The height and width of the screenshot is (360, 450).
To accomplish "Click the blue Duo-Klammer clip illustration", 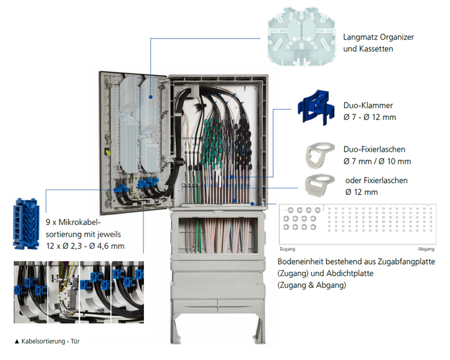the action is point(316,108).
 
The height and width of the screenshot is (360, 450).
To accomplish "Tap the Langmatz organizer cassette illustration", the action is point(301,37).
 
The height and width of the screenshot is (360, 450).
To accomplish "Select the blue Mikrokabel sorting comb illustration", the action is point(26,223).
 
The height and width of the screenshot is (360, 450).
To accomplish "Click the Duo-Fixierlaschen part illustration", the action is point(320,155).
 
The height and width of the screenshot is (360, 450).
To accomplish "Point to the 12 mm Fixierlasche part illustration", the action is point(320,185).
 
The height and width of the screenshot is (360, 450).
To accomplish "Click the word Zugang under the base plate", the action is point(287,249).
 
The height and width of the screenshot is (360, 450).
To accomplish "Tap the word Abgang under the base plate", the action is point(426,249).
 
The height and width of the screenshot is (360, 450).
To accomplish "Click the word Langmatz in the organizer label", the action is point(360,37).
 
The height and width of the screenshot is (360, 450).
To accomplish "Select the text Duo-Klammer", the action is point(368,106).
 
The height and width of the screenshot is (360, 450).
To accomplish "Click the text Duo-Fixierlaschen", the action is point(374,149).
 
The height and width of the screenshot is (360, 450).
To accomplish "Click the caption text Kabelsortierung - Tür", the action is point(50,341).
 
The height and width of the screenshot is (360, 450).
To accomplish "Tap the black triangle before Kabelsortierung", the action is point(17,341).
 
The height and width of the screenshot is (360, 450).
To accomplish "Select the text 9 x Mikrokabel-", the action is point(73,222).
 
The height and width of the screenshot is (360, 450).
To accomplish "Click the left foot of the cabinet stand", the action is point(175,330).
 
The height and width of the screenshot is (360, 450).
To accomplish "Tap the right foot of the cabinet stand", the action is point(259,330).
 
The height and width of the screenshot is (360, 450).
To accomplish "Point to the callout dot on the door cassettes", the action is point(151,97).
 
